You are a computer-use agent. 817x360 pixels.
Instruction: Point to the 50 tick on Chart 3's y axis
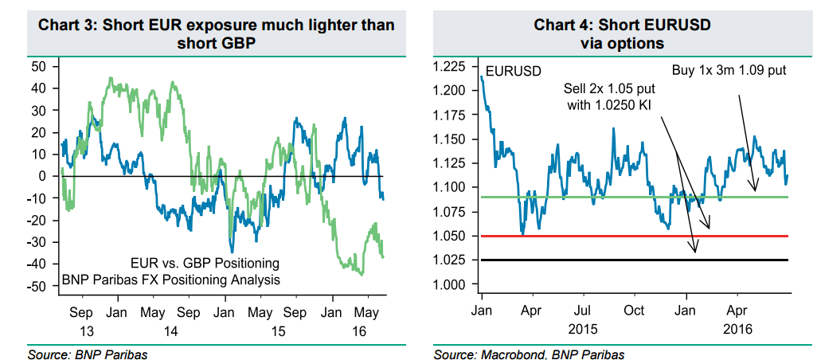39,66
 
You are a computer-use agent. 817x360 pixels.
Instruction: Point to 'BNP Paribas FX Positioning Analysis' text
171,280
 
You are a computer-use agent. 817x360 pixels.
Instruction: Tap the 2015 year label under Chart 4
584,328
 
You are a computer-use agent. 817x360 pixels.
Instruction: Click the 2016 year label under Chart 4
738,328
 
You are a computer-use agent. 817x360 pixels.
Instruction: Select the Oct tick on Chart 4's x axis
634,311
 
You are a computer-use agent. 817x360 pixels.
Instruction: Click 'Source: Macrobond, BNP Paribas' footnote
530,353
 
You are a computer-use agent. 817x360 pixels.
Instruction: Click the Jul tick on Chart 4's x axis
583,311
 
